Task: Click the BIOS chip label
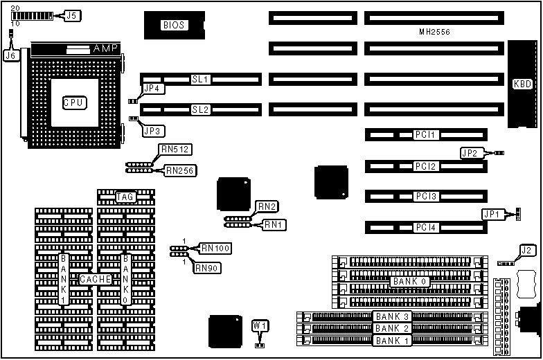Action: click(173, 26)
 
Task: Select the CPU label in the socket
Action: click(73, 102)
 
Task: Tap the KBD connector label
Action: click(522, 84)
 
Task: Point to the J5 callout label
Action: click(72, 15)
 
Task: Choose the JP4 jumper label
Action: click(152, 89)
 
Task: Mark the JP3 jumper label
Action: click(152, 130)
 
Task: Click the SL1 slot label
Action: click(200, 80)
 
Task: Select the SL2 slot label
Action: click(200, 109)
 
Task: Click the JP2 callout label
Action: click(470, 152)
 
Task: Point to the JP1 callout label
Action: click(492, 215)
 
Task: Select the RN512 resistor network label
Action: click(175, 149)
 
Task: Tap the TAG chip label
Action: click(125, 197)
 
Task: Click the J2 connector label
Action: click(527, 251)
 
